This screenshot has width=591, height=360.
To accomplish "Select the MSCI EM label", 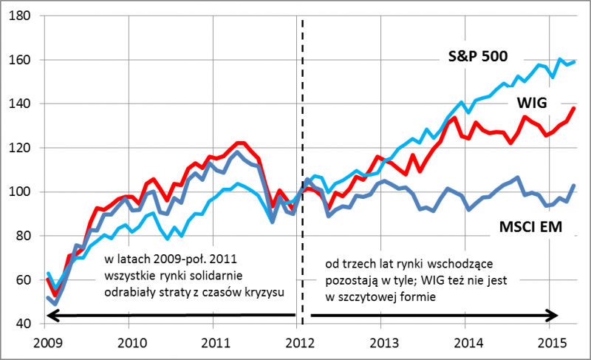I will (525, 226).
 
